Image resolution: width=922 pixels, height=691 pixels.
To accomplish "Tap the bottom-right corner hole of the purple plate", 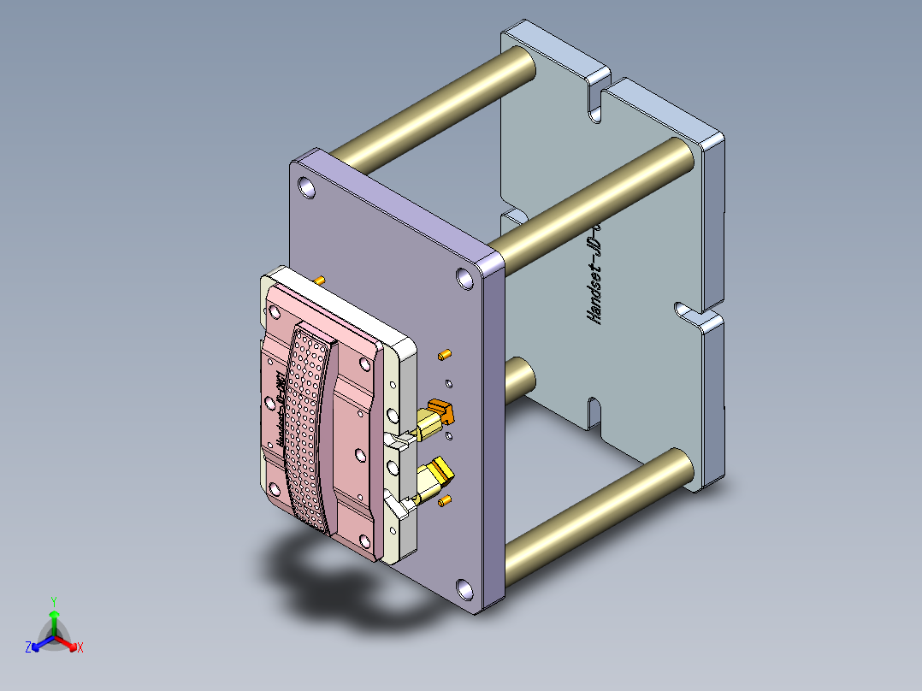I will pos(464,588).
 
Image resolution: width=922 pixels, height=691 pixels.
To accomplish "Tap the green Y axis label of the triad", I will pos(53,601).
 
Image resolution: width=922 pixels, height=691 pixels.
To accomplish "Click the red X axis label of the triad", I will pos(80,648).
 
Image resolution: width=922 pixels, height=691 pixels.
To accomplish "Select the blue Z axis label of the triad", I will pos(28,648).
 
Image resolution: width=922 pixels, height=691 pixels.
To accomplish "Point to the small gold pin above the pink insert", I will pos(320,280).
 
